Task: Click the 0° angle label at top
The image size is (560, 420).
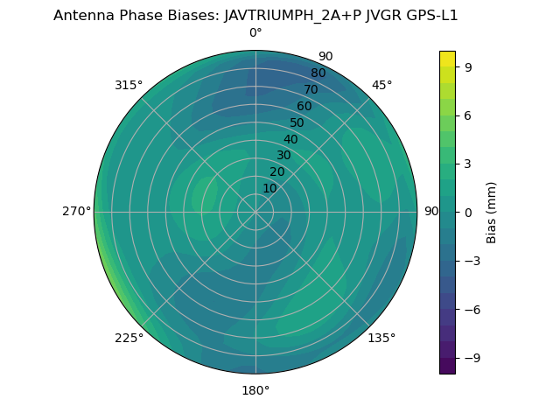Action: (x=255, y=33)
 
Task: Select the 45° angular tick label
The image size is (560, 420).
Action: (x=382, y=85)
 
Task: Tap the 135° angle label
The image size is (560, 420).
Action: (x=381, y=338)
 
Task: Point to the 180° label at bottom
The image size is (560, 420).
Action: (x=255, y=390)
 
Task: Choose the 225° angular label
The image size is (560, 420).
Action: (x=129, y=338)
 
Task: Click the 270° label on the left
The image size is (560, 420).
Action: (x=76, y=212)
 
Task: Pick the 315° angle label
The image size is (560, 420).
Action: (x=129, y=85)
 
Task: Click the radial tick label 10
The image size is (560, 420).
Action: (x=269, y=188)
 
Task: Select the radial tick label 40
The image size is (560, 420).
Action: (x=290, y=140)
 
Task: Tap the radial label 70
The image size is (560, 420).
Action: (x=311, y=90)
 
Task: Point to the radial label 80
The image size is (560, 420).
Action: (x=318, y=73)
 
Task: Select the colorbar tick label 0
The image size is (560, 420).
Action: (x=468, y=212)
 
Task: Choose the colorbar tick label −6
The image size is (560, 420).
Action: (x=471, y=309)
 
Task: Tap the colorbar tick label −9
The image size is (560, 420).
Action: (x=471, y=358)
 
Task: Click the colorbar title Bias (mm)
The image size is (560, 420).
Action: (x=492, y=212)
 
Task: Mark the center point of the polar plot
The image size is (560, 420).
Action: (x=255, y=212)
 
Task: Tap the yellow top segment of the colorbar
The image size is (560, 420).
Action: (x=447, y=59)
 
